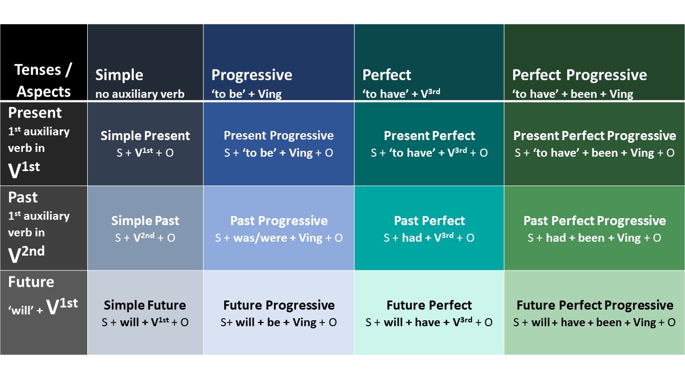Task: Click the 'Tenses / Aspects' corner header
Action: coord(43,80)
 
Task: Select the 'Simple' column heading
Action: coord(119,75)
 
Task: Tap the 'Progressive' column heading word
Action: coord(252,75)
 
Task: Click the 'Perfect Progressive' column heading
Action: coord(579,75)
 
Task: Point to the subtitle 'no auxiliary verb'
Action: coord(140,94)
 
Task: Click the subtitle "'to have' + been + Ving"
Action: coord(572,94)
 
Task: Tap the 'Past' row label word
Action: coord(23,197)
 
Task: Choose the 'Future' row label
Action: coord(31,282)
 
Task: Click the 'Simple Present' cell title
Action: coord(145,136)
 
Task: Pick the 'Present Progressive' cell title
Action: coord(278,136)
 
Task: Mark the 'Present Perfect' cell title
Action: coord(429,136)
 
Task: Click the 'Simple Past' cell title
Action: coord(145,220)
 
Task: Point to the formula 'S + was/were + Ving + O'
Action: coord(279,237)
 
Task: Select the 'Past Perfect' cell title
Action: coord(429,220)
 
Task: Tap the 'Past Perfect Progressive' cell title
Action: coord(594,220)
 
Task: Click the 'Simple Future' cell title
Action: coord(145,305)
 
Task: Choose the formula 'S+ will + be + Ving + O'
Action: coord(279,322)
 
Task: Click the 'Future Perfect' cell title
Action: coord(429,305)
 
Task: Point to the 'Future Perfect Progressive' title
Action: coord(595,305)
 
